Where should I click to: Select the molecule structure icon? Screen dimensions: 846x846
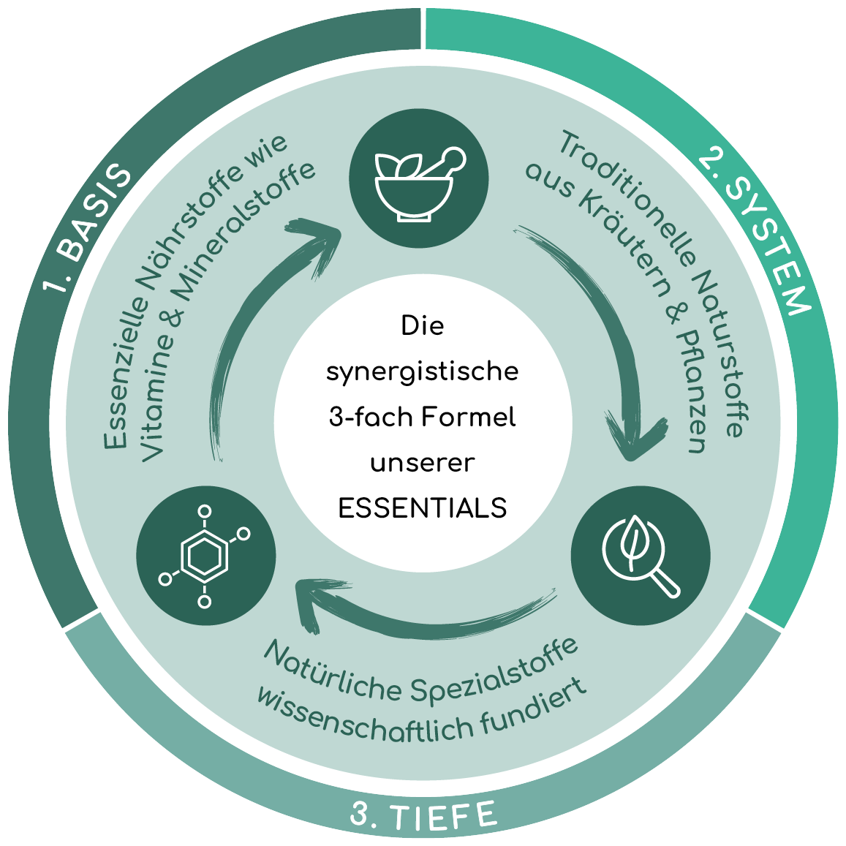[205, 556]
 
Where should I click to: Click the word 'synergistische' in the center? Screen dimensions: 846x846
[422, 372]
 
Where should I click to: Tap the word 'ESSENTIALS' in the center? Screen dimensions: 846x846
[423, 508]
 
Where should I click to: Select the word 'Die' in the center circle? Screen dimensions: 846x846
[423, 326]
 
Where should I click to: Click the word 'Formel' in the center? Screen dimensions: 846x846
[469, 418]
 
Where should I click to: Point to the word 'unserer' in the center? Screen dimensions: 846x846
[423, 463]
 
